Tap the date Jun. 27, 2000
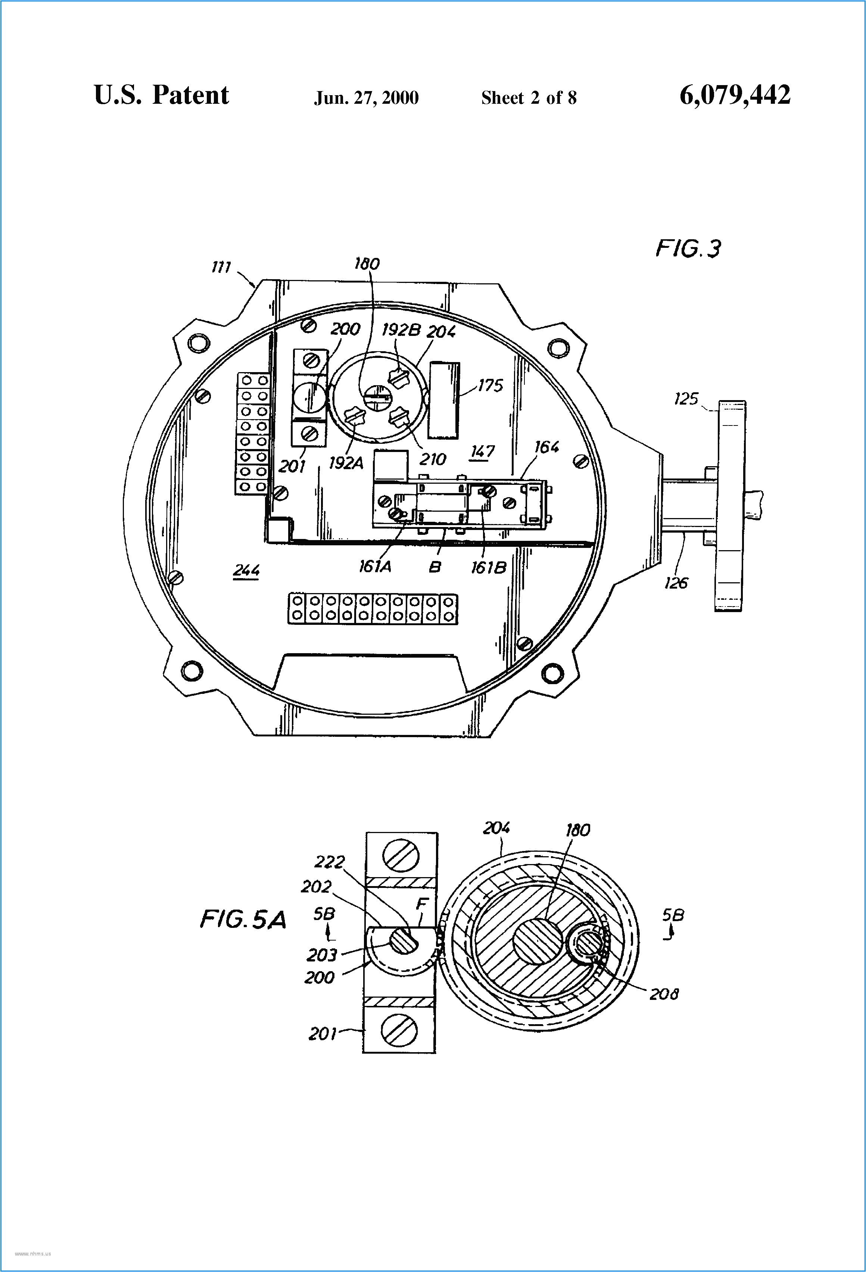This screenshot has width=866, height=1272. (x=366, y=98)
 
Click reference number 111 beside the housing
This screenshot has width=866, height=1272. (x=221, y=267)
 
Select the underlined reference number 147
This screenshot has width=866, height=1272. (x=482, y=452)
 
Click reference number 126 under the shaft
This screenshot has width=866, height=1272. (x=676, y=583)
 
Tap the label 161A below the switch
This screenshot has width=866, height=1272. (x=375, y=567)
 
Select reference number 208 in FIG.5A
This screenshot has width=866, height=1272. (x=663, y=994)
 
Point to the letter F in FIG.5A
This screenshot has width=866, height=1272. (x=421, y=904)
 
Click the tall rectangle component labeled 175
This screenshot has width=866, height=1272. (x=443, y=400)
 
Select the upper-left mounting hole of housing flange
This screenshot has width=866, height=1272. (x=198, y=343)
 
